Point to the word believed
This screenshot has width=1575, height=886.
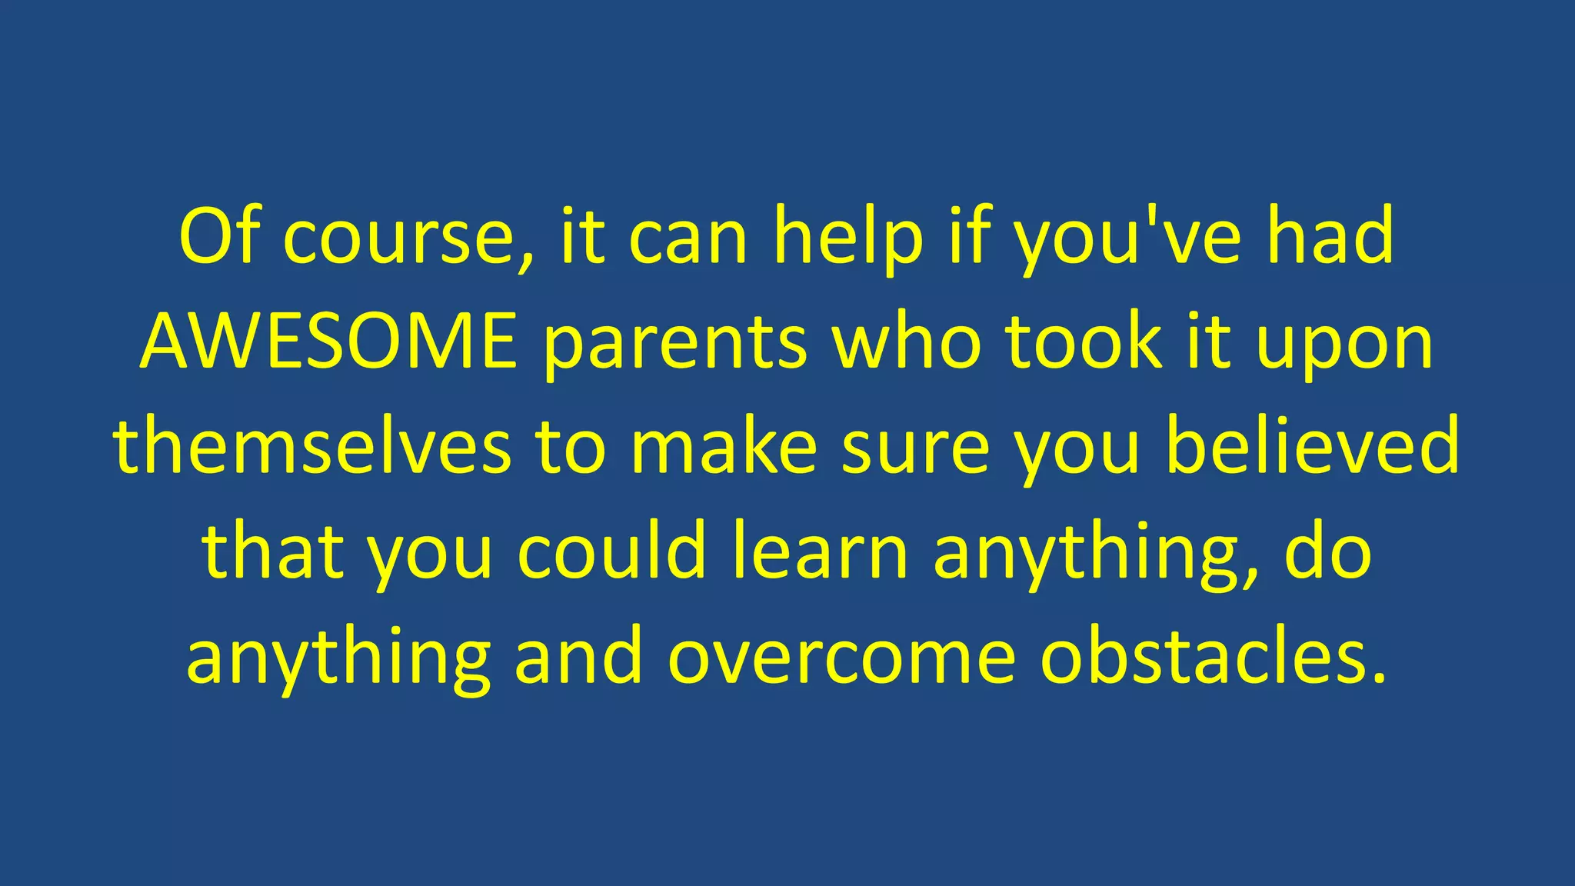pos(1312,446)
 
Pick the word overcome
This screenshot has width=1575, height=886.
pos(841,658)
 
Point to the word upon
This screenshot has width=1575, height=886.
pos(1345,346)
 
